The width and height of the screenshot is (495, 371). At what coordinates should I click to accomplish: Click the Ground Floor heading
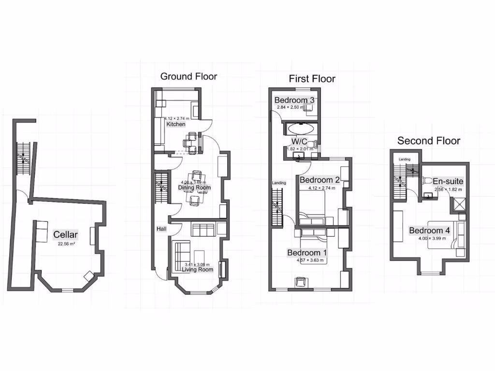[x=189, y=76]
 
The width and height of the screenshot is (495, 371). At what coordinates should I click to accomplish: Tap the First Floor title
[x=312, y=79]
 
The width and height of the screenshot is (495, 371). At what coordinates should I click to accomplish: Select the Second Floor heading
[x=428, y=141]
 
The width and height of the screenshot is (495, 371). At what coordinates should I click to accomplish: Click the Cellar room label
[x=65, y=235]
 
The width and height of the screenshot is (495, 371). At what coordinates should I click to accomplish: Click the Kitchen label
[x=176, y=124]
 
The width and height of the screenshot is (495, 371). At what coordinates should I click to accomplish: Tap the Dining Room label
[x=195, y=187]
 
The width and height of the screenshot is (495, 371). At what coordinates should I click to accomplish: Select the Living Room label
[x=197, y=270]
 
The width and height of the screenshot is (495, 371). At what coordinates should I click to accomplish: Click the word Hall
[x=161, y=228]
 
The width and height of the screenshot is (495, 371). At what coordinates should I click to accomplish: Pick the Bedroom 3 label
[x=294, y=100]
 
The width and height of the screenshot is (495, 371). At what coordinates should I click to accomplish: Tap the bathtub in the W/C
[x=302, y=129]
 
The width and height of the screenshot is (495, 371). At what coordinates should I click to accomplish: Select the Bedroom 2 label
[x=320, y=180]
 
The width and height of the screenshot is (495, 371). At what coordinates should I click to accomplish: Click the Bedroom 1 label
[x=307, y=253]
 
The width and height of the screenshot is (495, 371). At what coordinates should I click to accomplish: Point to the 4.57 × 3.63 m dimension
[x=310, y=261]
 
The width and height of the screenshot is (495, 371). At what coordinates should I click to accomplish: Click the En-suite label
[x=448, y=182]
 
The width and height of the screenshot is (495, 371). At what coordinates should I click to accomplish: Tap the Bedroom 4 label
[x=430, y=230]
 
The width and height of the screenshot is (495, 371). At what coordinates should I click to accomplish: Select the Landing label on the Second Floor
[x=405, y=159]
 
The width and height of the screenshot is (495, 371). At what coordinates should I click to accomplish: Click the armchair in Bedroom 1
[x=301, y=282]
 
